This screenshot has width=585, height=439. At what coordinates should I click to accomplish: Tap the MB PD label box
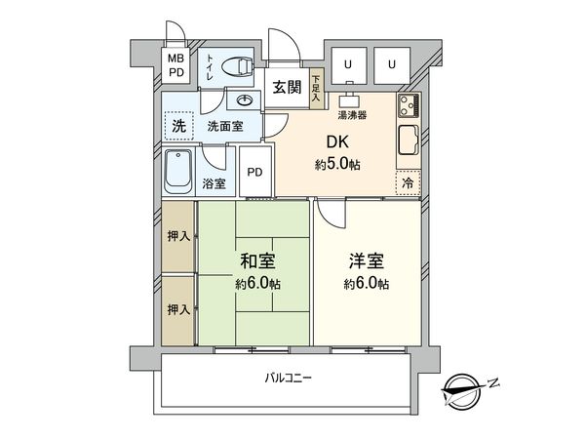176,65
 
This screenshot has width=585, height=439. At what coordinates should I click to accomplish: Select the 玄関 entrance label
287,86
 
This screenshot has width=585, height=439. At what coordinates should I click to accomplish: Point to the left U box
347,64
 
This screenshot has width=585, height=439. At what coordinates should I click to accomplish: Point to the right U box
391,64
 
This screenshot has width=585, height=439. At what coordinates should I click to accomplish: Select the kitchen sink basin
409,141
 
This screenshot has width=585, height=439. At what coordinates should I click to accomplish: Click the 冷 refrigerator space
407,181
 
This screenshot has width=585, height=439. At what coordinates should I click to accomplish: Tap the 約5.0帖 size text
337,165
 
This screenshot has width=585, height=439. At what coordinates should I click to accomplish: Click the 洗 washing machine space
178,125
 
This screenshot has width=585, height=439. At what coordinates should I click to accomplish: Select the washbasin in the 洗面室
244,100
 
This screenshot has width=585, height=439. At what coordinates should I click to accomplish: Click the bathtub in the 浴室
177,171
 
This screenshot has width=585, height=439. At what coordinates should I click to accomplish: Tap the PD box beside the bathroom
254,173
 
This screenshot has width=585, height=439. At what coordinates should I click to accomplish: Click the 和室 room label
256,262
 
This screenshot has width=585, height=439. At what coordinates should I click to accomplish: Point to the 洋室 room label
367,262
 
